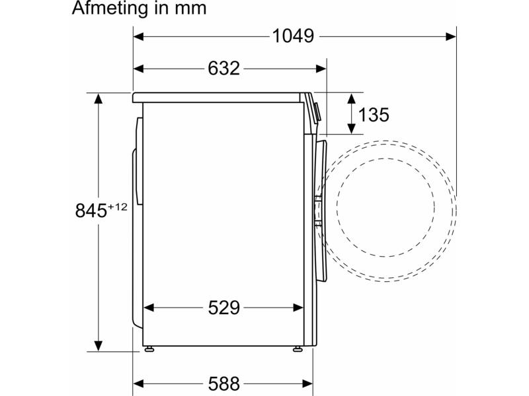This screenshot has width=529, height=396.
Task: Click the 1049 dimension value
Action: [x=293, y=36]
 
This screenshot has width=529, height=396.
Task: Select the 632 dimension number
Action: [x=224, y=69]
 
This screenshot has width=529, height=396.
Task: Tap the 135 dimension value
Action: [x=374, y=115]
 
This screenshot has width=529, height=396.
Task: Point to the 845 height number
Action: [x=91, y=211]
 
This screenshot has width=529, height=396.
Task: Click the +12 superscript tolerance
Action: [x=118, y=207]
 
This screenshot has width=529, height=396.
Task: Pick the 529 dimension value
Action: [x=224, y=308]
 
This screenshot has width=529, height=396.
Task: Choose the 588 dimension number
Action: [x=224, y=383]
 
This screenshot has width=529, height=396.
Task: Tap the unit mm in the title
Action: [x=190, y=9]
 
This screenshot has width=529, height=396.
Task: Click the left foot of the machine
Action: [x=149, y=349]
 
